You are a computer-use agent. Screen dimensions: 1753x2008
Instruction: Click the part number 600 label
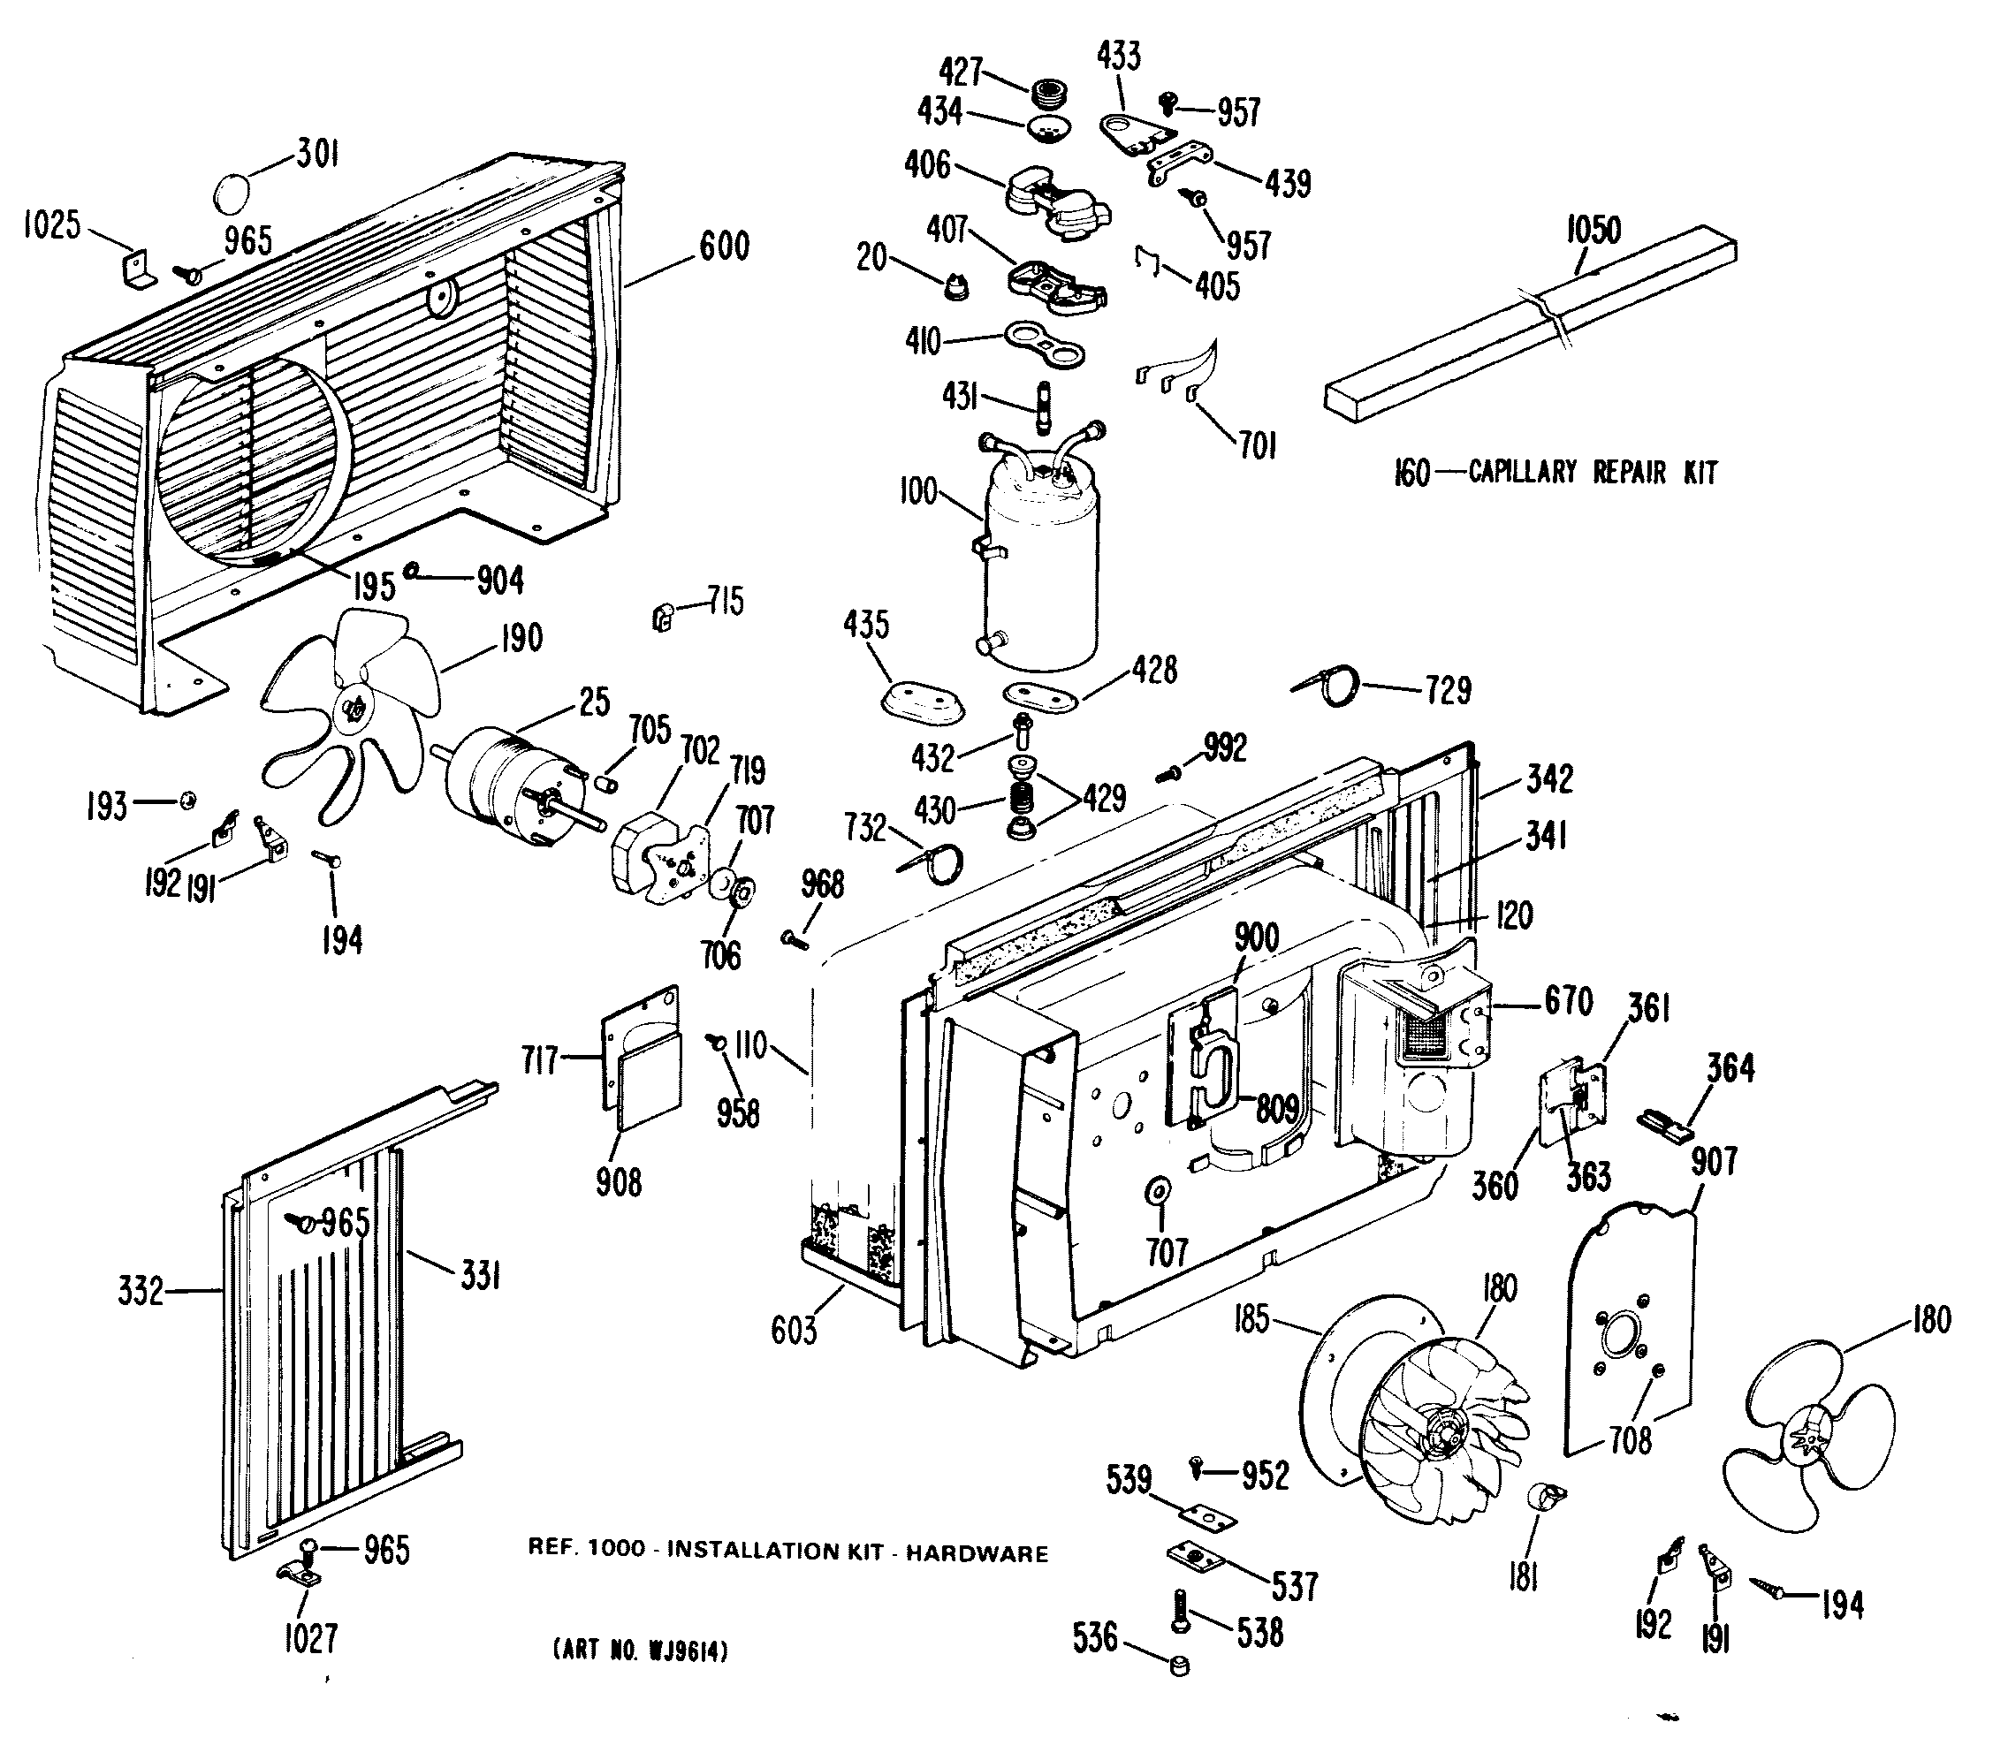(724, 247)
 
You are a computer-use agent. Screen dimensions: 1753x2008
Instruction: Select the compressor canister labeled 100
(1040, 567)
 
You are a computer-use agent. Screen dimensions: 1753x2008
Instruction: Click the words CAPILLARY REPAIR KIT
(1593, 474)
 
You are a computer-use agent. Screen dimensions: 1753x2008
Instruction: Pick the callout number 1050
(1593, 231)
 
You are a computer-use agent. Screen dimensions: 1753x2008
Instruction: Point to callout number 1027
(311, 1637)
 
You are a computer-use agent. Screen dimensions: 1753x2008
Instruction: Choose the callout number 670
(1569, 1001)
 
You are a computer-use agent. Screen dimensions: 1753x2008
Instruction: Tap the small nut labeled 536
(1180, 1666)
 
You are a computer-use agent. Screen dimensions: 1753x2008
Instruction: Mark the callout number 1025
(51, 226)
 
